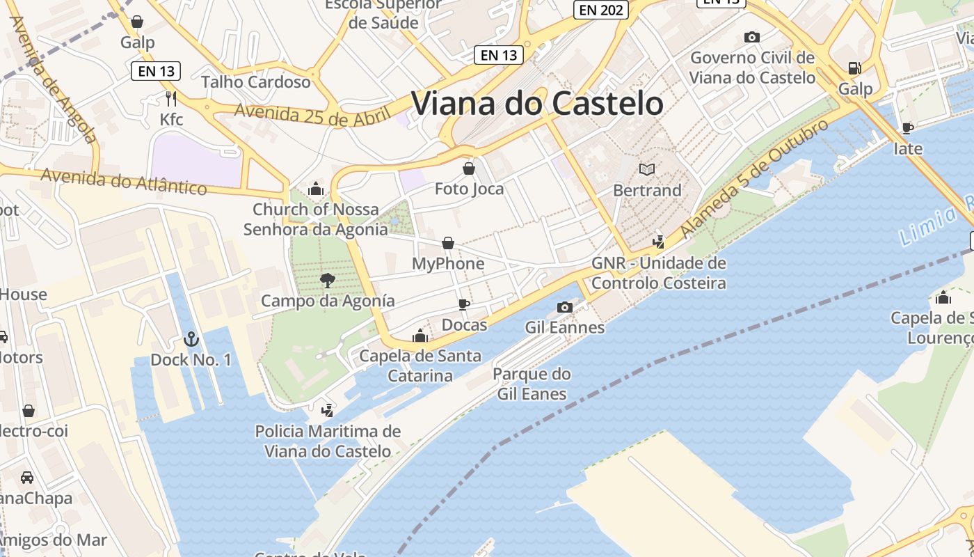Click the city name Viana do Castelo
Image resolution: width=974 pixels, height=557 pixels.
[537, 103]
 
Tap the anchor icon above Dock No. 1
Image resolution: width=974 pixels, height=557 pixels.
[191, 339]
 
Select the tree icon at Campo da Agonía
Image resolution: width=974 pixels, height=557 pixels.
[327, 281]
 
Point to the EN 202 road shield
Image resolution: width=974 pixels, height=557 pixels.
[600, 10]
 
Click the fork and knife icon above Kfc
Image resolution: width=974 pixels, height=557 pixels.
[171, 98]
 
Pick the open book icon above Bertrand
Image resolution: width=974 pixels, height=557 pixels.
[647, 169]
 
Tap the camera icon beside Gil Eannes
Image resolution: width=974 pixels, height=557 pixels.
[565, 307]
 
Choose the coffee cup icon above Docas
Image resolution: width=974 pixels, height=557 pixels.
[464, 304]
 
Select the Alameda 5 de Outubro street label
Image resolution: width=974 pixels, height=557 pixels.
[755, 178]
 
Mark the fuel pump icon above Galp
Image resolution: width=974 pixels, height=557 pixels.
[854, 68]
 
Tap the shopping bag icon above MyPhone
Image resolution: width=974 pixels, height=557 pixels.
[448, 243]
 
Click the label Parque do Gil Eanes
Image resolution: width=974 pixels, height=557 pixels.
[532, 384]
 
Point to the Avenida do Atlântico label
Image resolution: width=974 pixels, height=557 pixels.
[124, 181]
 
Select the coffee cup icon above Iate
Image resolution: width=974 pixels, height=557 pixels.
[907, 128]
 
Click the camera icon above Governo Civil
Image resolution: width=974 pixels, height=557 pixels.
[751, 37]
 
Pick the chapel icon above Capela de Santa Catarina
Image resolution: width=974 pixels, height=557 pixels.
[420, 336]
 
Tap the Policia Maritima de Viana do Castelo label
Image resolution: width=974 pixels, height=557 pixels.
[328, 441]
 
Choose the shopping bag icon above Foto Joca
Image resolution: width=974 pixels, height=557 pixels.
[469, 168]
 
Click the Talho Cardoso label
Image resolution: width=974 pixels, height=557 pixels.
[256, 81]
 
